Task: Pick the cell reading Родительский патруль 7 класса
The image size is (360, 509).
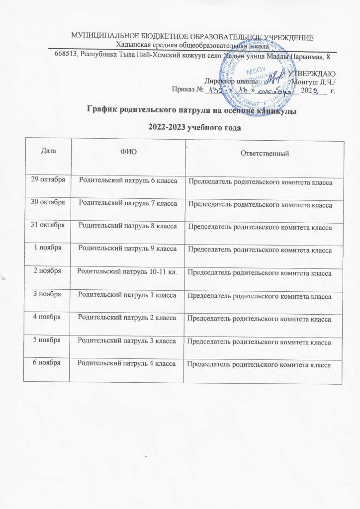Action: pos(128,203)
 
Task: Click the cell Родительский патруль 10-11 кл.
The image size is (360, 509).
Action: pos(128,272)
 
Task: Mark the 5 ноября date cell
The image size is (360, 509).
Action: pos(47,341)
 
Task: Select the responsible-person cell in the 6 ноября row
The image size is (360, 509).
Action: pos(259,365)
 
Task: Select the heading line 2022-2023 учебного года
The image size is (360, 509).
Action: pos(187,127)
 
